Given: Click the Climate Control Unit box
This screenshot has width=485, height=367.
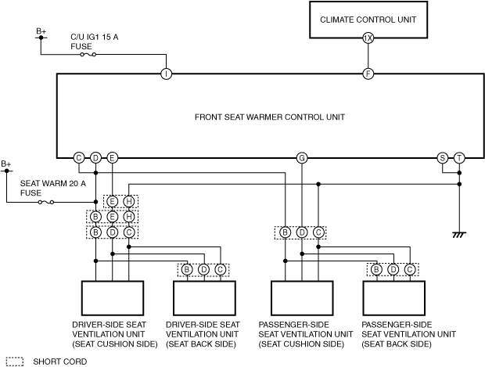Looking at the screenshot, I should pos(368,19).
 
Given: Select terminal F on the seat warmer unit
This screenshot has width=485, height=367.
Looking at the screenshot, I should pos(368,74).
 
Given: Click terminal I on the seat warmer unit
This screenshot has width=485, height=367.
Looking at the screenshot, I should pos(166,74).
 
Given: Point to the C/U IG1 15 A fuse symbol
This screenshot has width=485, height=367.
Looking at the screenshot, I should pos(88,55).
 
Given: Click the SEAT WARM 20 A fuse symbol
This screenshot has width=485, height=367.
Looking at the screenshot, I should pos(46,203).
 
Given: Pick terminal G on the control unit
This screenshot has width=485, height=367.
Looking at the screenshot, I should pos(302,158).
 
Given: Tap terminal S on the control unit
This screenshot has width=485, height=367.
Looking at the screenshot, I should pos(443,158).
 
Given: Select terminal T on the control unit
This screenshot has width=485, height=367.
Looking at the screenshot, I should pos(459,158).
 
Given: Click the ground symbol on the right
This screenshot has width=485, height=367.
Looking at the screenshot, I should pos(459,234).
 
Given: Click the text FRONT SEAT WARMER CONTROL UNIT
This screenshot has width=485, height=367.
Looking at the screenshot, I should pos(270,117).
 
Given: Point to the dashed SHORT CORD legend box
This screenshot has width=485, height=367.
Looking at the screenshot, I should pos(14,362).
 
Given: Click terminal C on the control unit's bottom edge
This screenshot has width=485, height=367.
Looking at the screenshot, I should pos(79,158).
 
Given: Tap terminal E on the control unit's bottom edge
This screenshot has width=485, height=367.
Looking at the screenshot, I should pos(113,158).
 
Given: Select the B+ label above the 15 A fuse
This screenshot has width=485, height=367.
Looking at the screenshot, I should pos(41,31).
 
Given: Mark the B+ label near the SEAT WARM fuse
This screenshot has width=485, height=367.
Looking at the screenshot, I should pos(7,164).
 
